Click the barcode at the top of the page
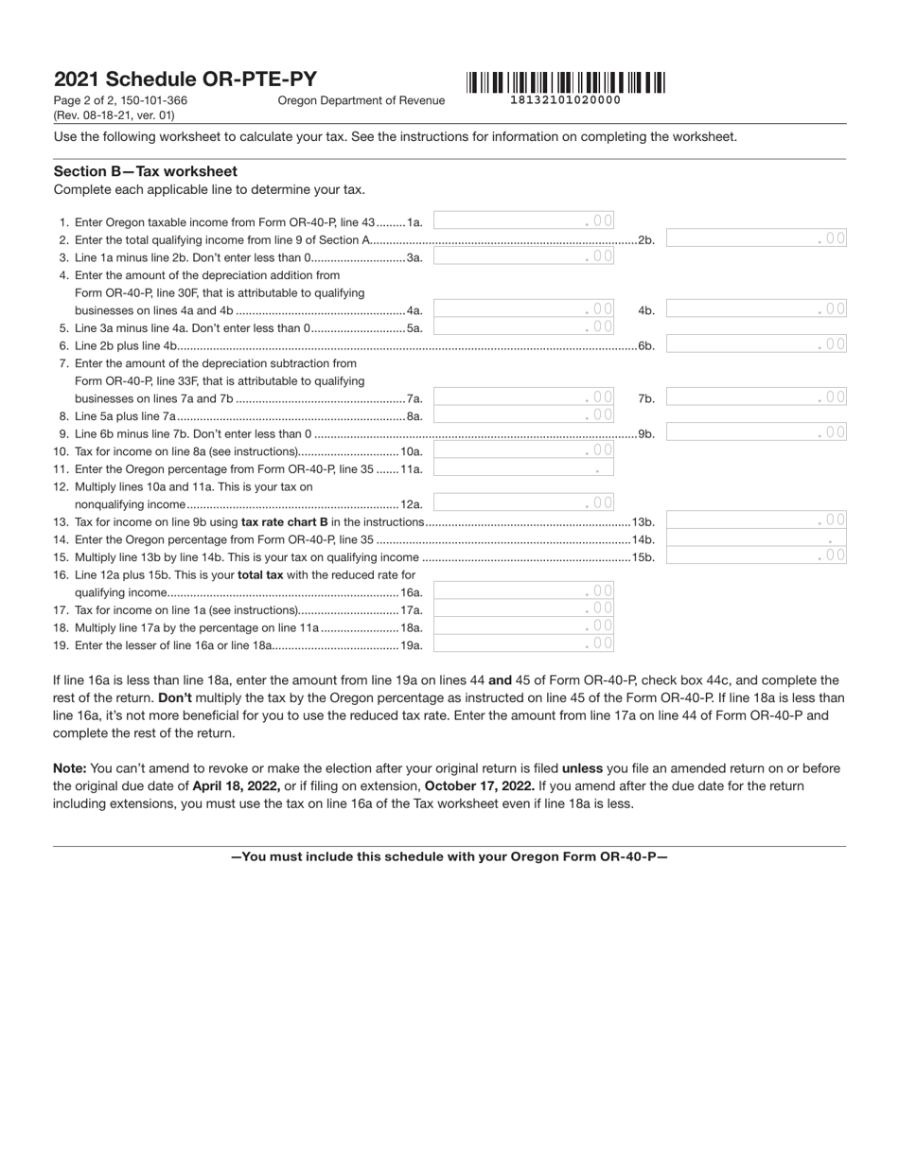click(565, 82)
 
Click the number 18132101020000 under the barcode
click(565, 100)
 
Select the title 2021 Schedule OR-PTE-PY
click(185, 79)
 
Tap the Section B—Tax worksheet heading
click(146, 171)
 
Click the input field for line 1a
click(523, 220)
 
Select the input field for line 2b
click(756, 238)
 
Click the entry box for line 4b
click(756, 309)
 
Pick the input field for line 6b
click(756, 344)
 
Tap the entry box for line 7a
click(523, 397)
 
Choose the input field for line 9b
click(756, 432)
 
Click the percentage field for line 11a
click(523, 467)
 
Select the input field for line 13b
click(756, 520)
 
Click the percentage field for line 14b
click(756, 538)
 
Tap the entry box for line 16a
click(523, 591)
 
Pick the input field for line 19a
click(523, 644)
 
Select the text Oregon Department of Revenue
click(361, 100)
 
